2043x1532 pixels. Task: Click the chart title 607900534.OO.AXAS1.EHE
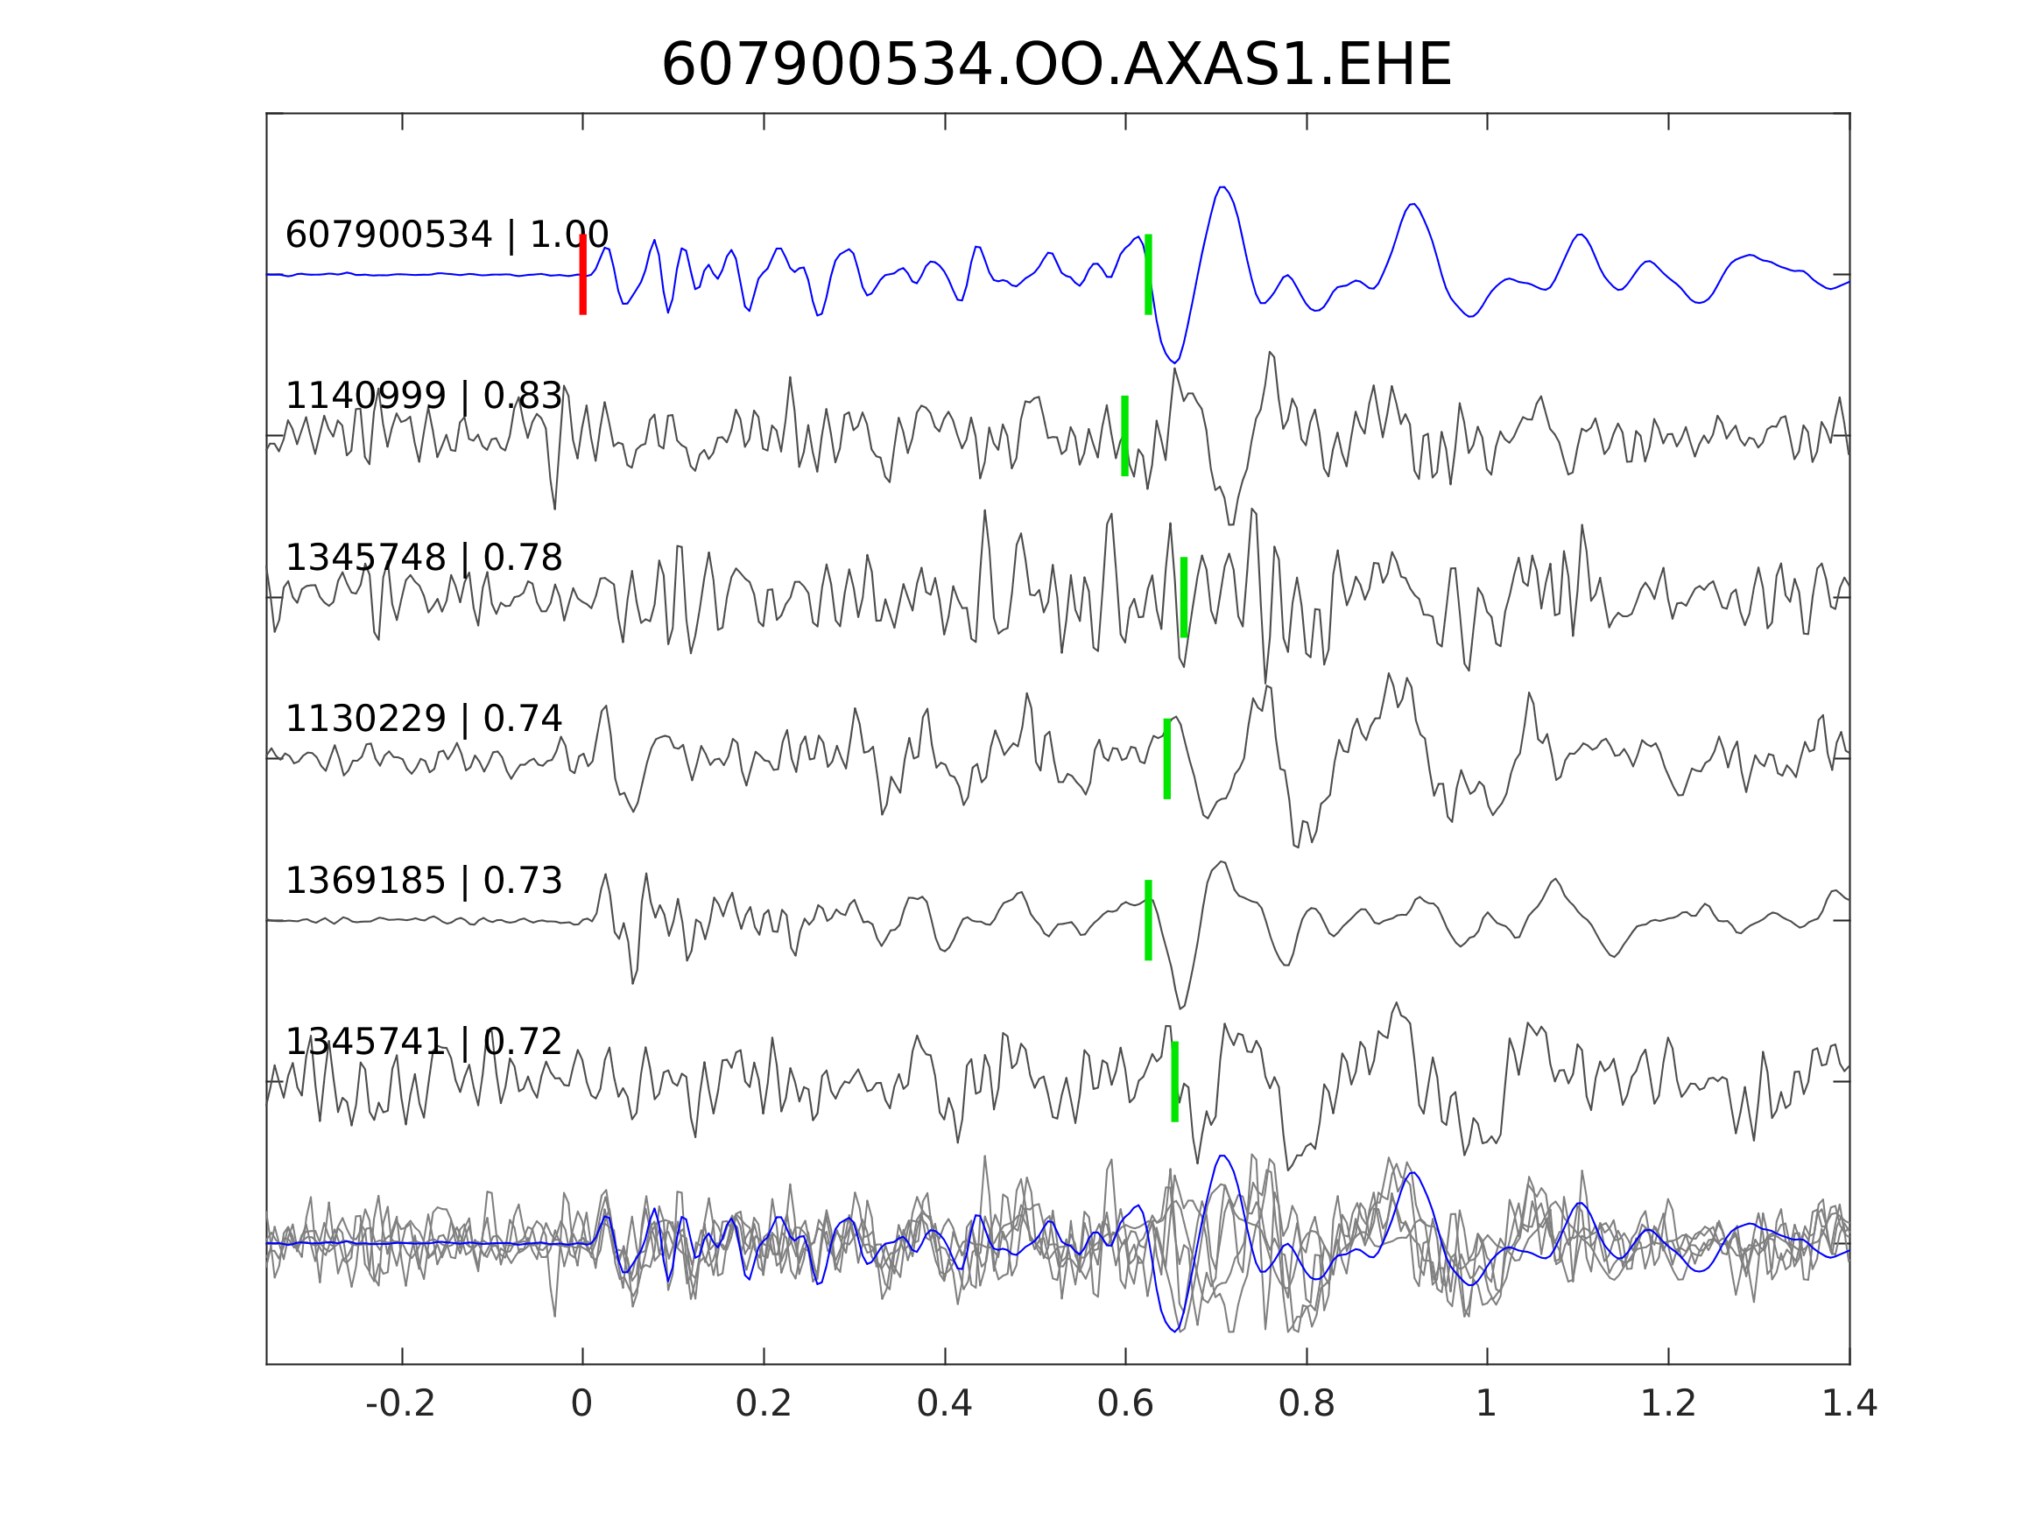click(1056, 66)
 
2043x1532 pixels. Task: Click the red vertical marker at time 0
click(583, 274)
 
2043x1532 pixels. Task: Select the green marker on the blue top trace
click(1148, 274)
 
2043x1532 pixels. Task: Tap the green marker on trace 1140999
click(1125, 436)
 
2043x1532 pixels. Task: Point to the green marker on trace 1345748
click(1183, 596)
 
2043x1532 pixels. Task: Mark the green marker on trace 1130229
click(1167, 758)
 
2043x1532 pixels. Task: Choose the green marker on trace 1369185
click(1148, 920)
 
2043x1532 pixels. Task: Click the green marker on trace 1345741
click(1175, 1081)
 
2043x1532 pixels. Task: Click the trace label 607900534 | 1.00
click(447, 235)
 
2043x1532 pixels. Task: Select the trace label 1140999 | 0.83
click(424, 397)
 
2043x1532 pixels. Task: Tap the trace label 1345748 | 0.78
click(424, 558)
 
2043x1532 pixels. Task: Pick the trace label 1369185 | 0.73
click(424, 881)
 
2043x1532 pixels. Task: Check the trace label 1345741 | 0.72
click(424, 1042)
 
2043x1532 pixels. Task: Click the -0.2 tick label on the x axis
click(400, 1404)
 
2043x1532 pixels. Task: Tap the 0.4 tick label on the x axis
click(944, 1404)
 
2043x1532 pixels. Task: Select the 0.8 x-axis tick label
click(1306, 1404)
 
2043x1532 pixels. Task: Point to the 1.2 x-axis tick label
click(1668, 1404)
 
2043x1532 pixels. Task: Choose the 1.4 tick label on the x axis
click(1848, 1404)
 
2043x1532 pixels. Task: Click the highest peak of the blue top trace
click(1222, 187)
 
